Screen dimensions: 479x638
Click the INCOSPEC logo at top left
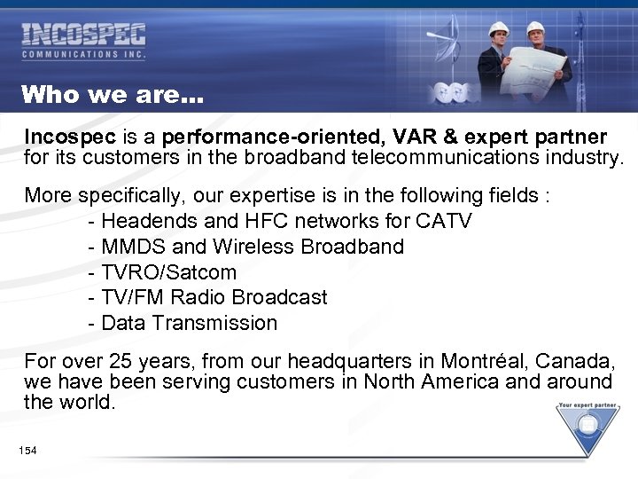coord(83,41)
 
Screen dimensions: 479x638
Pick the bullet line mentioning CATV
coord(281,220)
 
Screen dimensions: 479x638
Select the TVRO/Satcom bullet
coord(164,271)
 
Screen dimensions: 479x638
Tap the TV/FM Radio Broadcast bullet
coord(209,297)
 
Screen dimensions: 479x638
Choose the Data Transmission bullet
coord(184,323)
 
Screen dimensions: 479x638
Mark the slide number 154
coord(27,452)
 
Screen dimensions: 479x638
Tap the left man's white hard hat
coord(498,28)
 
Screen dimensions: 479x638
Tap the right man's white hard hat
coord(535,27)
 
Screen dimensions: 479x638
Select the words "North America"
coord(408,381)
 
